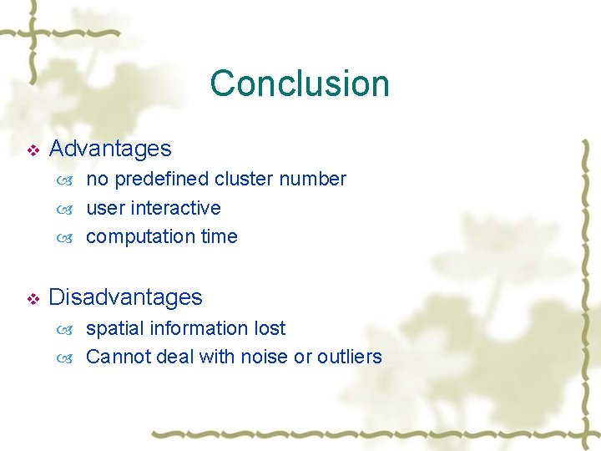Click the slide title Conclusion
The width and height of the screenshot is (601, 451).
(x=300, y=84)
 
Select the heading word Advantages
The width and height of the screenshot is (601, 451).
(x=110, y=149)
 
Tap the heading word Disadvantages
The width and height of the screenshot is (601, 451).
(x=126, y=297)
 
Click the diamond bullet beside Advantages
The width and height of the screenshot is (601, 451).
(x=33, y=150)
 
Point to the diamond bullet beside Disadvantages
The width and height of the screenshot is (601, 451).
(x=33, y=299)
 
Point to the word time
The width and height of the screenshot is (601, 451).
(x=219, y=236)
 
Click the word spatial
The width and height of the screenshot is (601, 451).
(x=114, y=329)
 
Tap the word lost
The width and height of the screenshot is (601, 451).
(x=270, y=328)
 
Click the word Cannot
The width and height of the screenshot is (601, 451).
(x=115, y=357)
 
